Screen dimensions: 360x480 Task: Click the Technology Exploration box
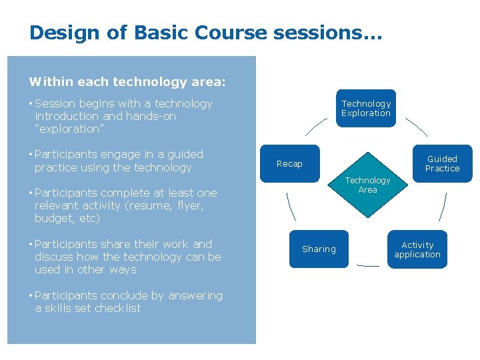(366, 108)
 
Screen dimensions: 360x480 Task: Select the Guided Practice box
(442, 163)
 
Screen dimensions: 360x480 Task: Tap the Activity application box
(417, 249)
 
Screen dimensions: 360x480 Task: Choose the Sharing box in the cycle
(319, 249)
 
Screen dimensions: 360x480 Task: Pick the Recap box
(289, 163)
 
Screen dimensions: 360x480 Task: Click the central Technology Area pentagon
(367, 189)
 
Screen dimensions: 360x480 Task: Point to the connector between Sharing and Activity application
(368, 265)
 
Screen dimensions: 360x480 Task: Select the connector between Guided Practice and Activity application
(442, 207)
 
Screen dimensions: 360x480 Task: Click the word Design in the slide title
(62, 32)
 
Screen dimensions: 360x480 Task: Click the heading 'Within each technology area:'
(127, 82)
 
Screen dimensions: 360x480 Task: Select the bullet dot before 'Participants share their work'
(31, 245)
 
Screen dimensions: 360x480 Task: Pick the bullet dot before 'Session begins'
(31, 104)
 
